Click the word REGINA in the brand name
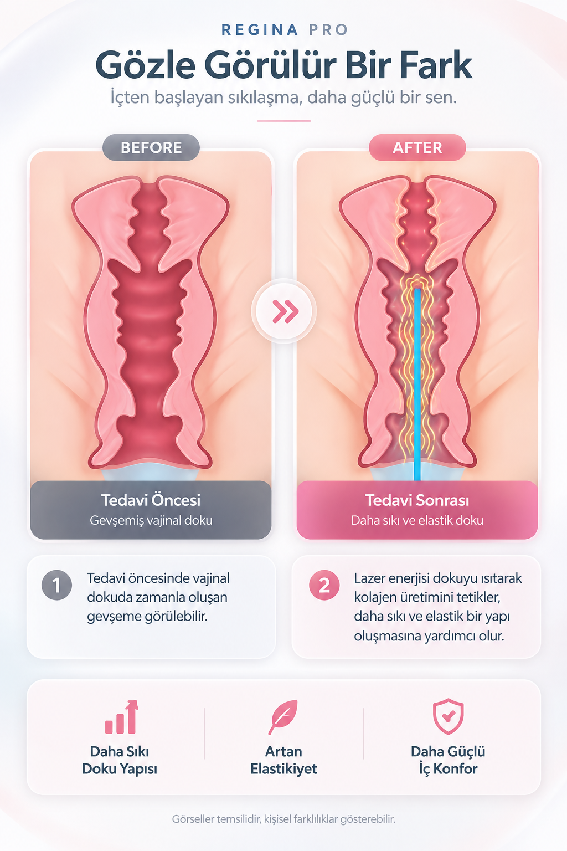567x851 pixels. pyautogui.click(x=259, y=29)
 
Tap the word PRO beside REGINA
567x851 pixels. pyautogui.click(x=328, y=29)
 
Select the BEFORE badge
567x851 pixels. pyautogui.click(x=151, y=147)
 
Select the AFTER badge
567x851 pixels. pyautogui.click(x=417, y=147)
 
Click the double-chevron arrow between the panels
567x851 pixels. pyautogui.click(x=285, y=311)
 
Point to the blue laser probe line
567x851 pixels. pyautogui.click(x=417, y=385)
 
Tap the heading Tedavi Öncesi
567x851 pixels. pyautogui.click(x=151, y=500)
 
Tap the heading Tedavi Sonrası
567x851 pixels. pyautogui.click(x=417, y=500)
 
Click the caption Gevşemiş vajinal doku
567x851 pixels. pyautogui.click(x=151, y=520)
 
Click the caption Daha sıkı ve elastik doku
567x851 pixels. pyautogui.click(x=417, y=520)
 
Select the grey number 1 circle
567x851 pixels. pyautogui.click(x=56, y=585)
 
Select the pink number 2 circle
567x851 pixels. pyautogui.click(x=324, y=585)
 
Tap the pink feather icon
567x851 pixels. pyautogui.click(x=283, y=716)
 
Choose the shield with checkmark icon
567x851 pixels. pyautogui.click(x=448, y=716)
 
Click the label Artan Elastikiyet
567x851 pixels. pyautogui.click(x=283, y=760)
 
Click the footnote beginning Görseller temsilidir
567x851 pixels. pyautogui.click(x=283, y=819)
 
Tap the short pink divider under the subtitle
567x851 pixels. pyautogui.click(x=283, y=121)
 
